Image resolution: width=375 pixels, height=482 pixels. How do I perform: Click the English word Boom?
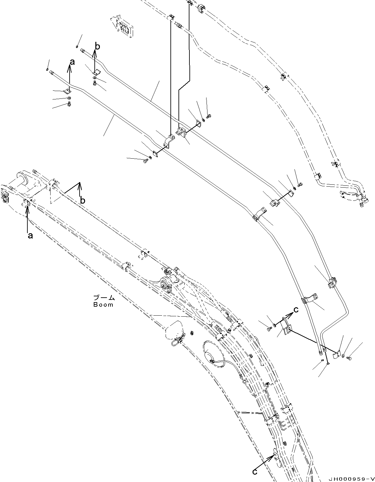click(103, 304)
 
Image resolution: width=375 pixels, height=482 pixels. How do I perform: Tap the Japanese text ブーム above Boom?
click(103, 298)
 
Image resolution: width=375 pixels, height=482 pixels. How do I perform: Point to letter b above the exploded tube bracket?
click(97, 47)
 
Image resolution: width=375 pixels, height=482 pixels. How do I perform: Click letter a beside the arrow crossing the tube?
click(72, 62)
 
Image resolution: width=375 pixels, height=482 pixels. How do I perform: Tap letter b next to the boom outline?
click(83, 200)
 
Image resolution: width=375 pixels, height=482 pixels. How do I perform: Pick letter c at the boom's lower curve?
click(255, 472)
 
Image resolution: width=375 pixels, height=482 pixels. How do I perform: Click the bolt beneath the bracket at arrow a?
click(69, 104)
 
